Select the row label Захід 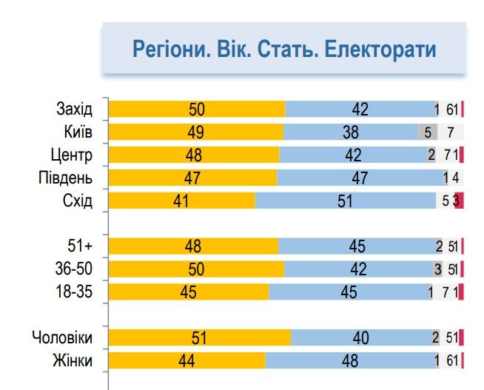point(74,110)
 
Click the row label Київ point(78,132)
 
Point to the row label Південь point(65,178)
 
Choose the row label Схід point(78,201)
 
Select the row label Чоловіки point(62,338)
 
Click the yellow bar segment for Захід point(197,110)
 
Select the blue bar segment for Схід point(346,201)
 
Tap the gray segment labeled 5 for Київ point(428,132)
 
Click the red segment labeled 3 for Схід point(458,201)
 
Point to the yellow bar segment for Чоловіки point(200,338)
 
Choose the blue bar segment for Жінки point(350,360)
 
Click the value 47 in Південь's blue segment point(360,178)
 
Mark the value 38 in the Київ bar point(351,132)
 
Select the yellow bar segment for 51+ point(193,246)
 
